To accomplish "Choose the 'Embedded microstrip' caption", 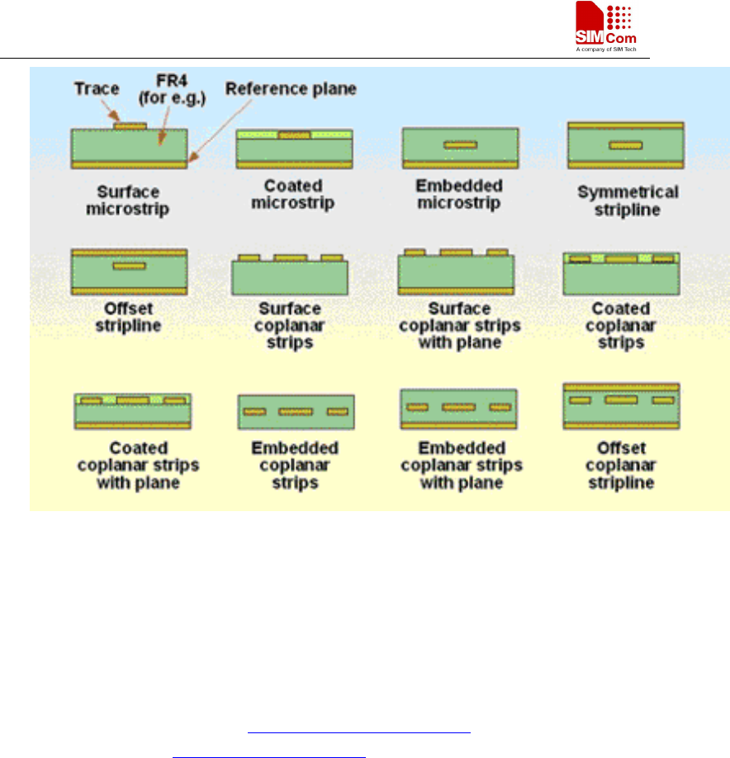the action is pos(458,194).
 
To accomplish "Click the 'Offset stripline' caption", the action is pos(128,317).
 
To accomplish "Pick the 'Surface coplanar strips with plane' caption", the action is pos(459,325).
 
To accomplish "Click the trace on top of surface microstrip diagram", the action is pos(130,126).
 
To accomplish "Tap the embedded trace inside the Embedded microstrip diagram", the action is pos(460,145).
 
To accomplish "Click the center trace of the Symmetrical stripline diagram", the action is pos(625,146).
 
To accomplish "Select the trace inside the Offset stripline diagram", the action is pos(130,266).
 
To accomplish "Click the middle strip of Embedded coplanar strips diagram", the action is pos(295,411).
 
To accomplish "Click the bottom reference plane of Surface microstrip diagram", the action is pos(130,165).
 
